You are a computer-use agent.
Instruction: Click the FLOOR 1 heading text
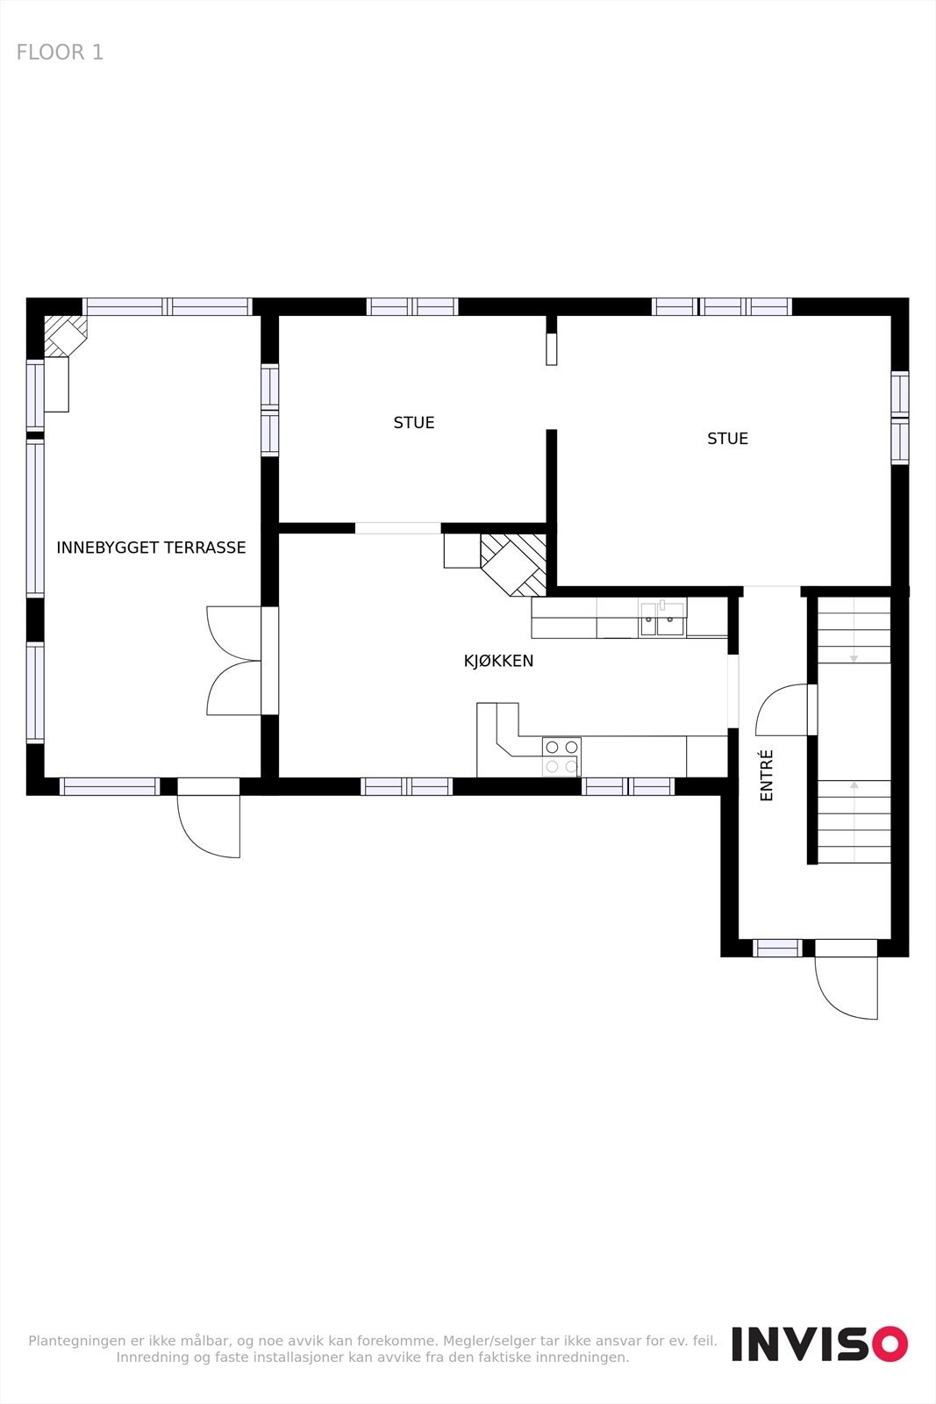tap(60, 53)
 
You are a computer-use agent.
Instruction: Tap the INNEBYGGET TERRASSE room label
tap(151, 548)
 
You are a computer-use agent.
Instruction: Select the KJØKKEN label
tap(498, 661)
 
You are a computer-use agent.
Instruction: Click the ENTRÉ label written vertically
tap(767, 775)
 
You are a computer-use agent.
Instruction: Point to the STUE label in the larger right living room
tap(727, 439)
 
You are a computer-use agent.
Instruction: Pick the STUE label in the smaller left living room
tap(414, 423)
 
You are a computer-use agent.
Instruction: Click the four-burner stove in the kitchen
tap(561, 756)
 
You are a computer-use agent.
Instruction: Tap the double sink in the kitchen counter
tap(662, 619)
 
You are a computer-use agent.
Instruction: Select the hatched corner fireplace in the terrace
tap(65, 335)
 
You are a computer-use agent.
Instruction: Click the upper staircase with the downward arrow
tap(854, 630)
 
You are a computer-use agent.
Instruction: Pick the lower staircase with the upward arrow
tap(854, 821)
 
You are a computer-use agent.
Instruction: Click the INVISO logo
tap(819, 1343)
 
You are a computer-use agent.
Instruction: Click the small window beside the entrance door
tap(777, 948)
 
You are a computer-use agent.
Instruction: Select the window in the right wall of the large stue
tap(900, 418)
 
